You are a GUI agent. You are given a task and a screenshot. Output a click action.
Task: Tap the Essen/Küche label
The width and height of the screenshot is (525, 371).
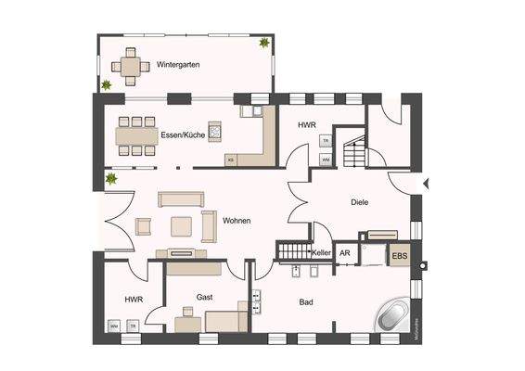pos(183,134)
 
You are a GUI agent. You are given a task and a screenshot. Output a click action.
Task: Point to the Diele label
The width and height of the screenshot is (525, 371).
pos(361,201)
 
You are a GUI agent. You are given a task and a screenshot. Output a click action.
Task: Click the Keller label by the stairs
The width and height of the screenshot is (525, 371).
pos(321,252)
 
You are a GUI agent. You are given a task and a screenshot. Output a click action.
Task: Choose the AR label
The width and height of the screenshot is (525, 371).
pos(344,252)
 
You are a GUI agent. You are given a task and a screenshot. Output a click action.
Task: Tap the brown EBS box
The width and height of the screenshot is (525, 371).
pos(399,255)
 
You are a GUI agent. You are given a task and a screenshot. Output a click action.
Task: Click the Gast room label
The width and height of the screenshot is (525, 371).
pos(205,297)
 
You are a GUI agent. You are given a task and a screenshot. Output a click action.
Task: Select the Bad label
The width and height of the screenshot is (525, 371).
pos(306,302)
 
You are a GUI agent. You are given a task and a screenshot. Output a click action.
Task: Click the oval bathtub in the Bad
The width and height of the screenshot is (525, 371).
pos(395,316)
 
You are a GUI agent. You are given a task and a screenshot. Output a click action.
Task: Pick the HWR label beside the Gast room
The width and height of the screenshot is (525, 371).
pos(132,299)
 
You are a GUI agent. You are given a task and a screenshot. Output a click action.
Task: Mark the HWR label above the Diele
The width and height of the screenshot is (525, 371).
pos(307,123)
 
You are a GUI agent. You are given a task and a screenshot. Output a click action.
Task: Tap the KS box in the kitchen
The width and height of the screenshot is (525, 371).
pos(231,160)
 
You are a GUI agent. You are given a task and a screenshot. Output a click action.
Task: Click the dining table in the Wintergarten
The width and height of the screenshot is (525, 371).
pos(131,67)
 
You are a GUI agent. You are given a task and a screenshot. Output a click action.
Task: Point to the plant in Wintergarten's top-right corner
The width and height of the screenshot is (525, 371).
pos(266,43)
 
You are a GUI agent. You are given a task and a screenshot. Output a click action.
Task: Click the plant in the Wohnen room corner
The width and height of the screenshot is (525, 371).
pos(111,177)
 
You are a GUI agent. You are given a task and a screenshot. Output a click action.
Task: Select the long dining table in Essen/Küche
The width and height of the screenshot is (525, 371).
pos(138,136)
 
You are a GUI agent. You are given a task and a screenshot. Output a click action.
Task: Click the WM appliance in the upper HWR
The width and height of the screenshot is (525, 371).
pos(327,160)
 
